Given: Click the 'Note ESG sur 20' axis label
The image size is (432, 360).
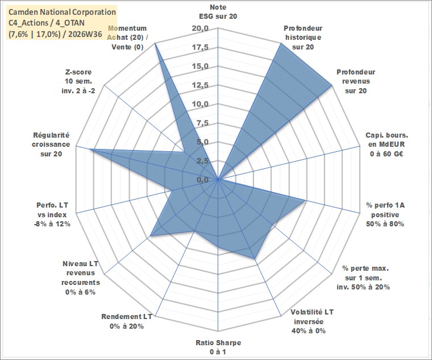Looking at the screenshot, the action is click(x=218, y=11).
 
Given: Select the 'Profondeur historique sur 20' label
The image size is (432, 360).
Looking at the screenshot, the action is click(x=303, y=38).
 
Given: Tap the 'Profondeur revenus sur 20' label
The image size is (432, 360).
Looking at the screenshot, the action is click(x=356, y=81).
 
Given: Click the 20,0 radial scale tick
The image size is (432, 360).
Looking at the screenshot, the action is click(x=200, y=28).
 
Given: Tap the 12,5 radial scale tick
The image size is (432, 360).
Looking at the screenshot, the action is click(x=200, y=85).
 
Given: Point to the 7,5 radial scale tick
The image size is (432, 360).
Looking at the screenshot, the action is click(x=202, y=123).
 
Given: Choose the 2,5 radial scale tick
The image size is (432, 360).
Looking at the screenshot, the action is click(x=202, y=162).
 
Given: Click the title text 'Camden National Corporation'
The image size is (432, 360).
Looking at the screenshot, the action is click(x=63, y=12).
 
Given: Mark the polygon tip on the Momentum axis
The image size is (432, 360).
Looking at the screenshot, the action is click(x=155, y=43).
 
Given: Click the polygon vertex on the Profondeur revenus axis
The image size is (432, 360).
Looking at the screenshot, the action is click(x=332, y=86).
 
